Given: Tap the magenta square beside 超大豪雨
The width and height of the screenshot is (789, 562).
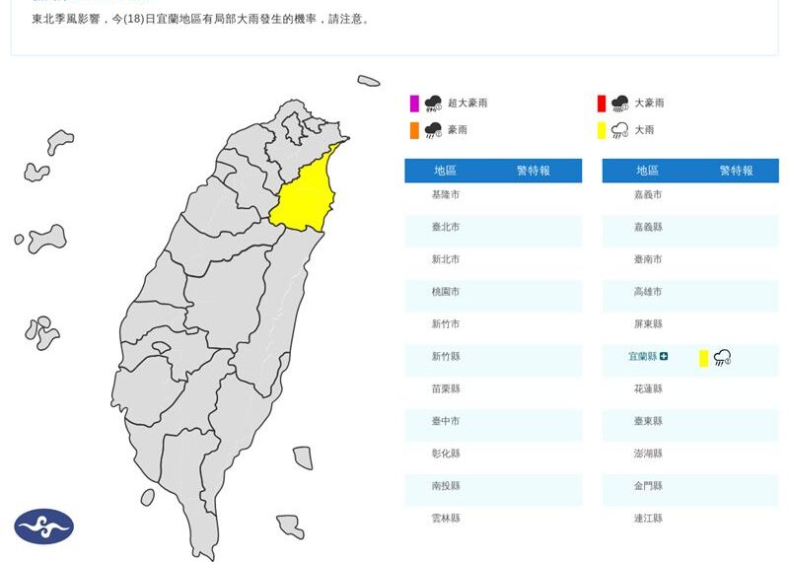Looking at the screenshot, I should (414, 104).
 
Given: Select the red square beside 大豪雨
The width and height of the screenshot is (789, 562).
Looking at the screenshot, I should (601, 104).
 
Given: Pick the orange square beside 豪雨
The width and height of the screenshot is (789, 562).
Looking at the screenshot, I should (414, 130).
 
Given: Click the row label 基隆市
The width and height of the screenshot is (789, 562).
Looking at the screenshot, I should (446, 194).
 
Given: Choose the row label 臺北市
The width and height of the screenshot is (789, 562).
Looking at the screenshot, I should (446, 227).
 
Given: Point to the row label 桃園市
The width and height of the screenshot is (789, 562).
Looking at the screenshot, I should (446, 292).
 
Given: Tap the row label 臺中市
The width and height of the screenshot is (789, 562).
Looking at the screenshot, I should (446, 421).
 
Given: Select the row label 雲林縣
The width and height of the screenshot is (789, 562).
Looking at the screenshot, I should (446, 518).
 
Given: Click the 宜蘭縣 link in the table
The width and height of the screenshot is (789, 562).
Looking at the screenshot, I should (643, 356).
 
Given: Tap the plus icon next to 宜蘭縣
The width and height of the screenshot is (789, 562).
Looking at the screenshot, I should (664, 356).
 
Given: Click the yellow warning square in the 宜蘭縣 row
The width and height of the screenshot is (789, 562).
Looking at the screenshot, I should (703, 358).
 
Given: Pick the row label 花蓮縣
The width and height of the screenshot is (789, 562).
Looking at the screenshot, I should (648, 388).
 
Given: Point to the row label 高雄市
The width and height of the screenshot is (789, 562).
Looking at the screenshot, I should (648, 292).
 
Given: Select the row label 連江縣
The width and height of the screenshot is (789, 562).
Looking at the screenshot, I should (648, 518).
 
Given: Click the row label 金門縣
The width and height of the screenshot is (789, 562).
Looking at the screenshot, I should (648, 485).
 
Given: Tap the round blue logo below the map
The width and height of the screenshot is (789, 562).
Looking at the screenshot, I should (43, 527).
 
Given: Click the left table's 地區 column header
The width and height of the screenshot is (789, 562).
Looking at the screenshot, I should (446, 171).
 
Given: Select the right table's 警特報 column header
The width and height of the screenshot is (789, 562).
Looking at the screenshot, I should (736, 171).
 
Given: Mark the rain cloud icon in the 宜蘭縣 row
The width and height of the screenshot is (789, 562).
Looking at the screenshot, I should (722, 358).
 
